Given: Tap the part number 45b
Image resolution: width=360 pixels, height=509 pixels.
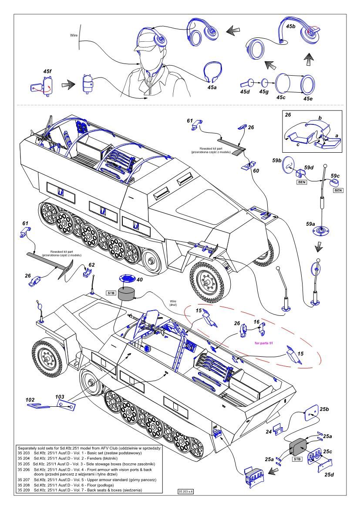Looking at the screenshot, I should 290,26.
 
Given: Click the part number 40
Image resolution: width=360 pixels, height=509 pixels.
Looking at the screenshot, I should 139,280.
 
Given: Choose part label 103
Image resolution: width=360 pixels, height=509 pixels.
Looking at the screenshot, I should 61,397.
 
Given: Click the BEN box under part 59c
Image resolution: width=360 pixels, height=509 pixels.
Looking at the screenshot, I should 338,191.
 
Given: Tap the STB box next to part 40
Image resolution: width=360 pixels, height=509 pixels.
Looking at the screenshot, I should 110,292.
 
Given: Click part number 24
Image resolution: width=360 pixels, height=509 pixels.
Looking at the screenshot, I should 269,432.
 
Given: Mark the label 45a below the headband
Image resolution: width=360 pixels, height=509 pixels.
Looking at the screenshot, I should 211,87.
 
